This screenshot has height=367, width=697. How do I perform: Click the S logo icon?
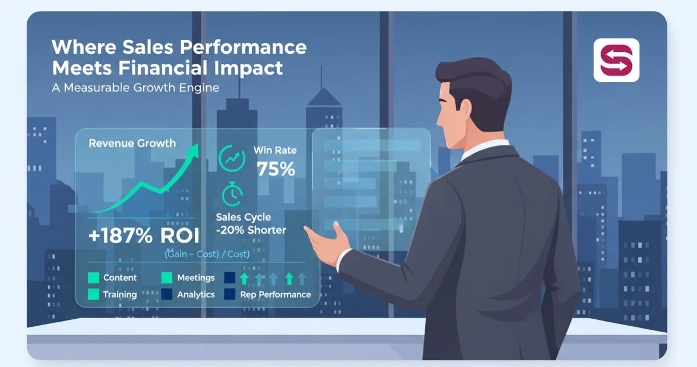[x=616, y=60]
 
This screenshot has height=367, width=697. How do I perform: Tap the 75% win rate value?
[x=276, y=169]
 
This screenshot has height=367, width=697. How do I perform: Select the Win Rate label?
[x=275, y=150]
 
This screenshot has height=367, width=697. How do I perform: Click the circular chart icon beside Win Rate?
[x=232, y=158]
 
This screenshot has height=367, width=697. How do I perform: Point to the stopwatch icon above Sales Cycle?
[x=232, y=194]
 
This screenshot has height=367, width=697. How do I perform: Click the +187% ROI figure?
[x=143, y=236]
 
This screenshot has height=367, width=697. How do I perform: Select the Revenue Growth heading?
[x=132, y=143]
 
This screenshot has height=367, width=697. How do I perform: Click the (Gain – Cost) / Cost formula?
[x=207, y=254]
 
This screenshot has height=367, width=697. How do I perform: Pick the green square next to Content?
[x=93, y=278]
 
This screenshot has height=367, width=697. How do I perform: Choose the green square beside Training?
[x=93, y=295]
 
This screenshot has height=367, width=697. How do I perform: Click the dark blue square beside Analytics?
[x=167, y=295]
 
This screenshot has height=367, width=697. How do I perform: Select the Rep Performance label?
[x=275, y=295]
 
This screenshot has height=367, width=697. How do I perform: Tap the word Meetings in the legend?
[x=196, y=278]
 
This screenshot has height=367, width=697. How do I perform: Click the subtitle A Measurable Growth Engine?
[x=136, y=88]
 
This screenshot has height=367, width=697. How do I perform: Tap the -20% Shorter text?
[x=251, y=230]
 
